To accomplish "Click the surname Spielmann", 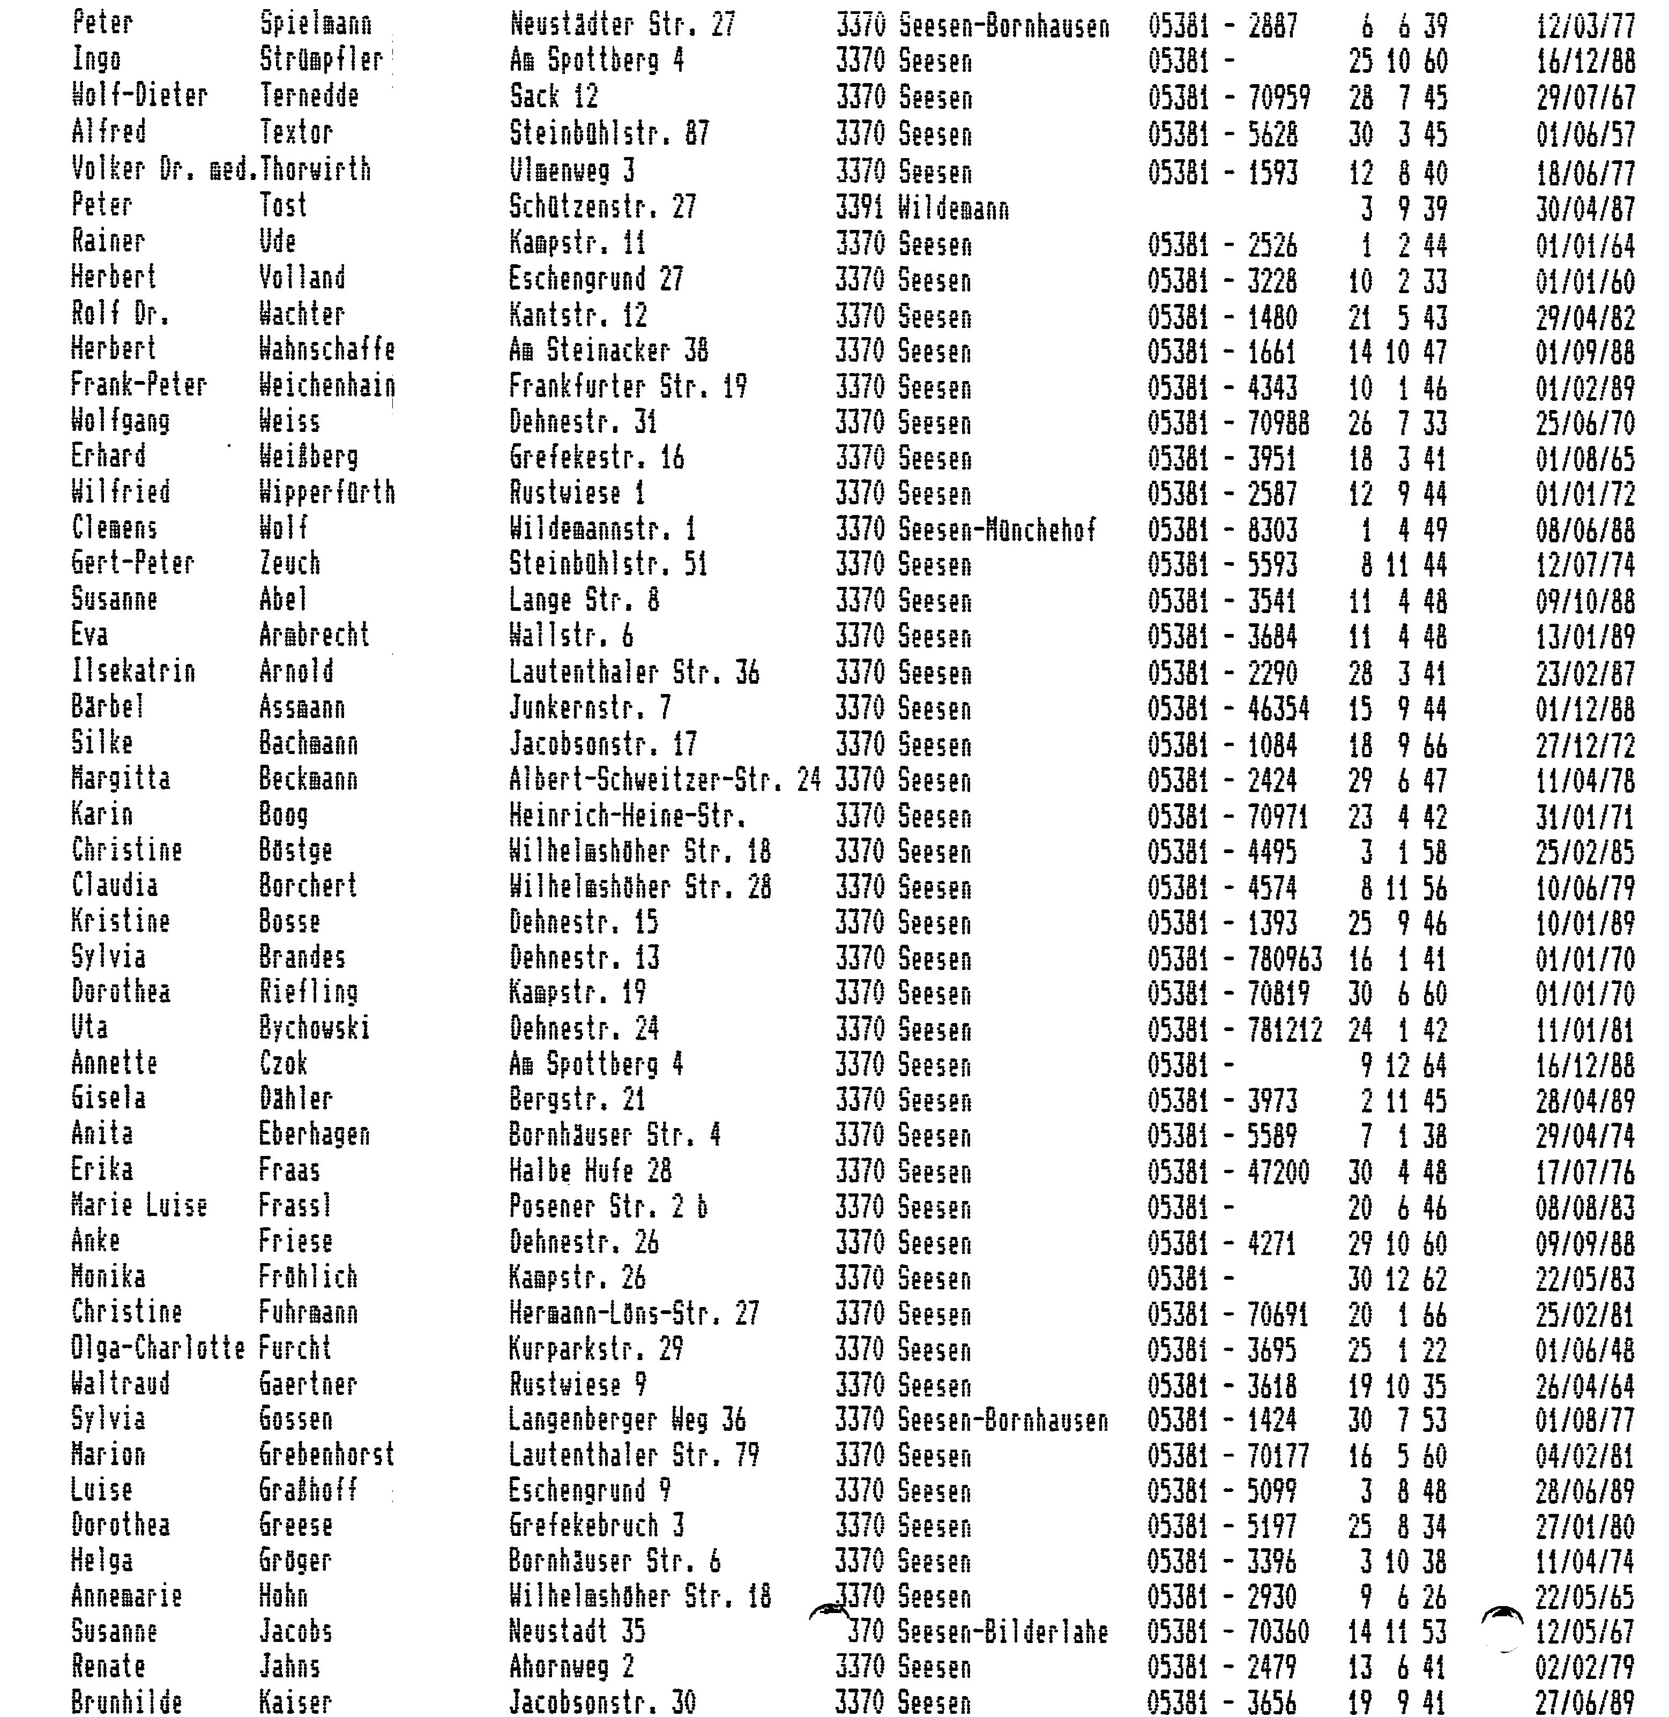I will coord(316,24).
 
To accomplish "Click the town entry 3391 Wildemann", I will coord(922,208).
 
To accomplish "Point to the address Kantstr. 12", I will coord(578,316).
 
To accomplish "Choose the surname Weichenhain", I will coord(327,386).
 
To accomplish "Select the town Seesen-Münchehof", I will coord(965,529).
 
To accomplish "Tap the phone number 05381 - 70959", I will coord(1229,98).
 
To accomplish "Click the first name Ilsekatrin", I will coord(133,672).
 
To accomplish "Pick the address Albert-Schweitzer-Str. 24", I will coord(665,779).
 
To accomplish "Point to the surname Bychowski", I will coord(315,1028).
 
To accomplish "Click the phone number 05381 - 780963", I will coord(1235,958).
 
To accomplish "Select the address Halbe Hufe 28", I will coord(591,1171).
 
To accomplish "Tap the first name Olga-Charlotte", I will coord(158,1348).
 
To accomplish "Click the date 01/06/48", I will coord(1585,1350).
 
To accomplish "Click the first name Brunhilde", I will coord(127,1702).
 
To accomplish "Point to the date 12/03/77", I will coord(1585,25).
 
